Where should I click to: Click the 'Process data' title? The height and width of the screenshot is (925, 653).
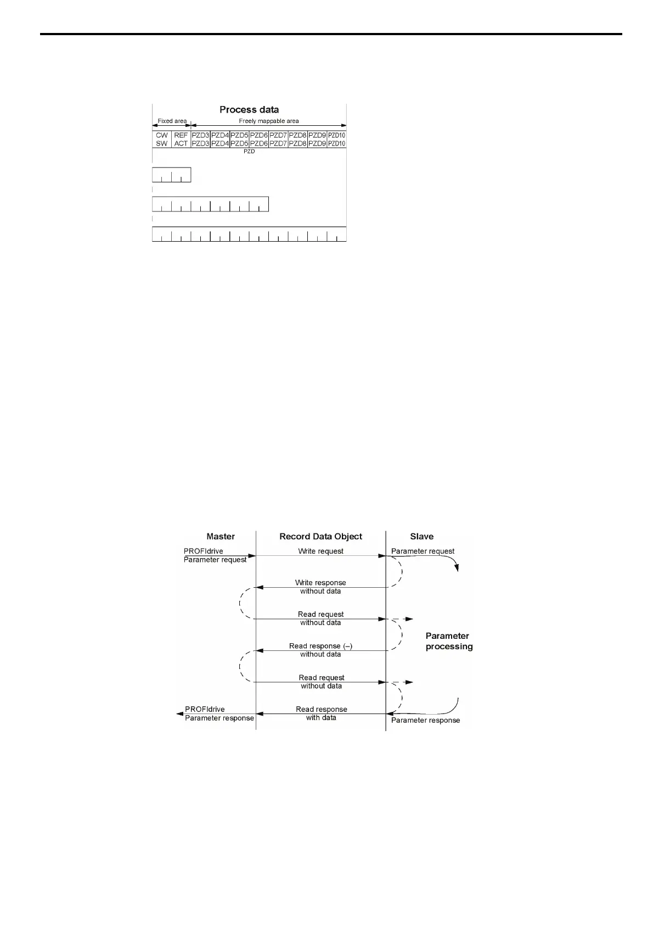[249, 110]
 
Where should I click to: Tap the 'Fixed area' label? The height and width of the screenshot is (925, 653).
[172, 121]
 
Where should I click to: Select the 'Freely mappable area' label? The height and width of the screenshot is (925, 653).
[268, 121]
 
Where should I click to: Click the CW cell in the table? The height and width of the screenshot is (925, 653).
[162, 135]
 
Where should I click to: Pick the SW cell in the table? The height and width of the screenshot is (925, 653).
[162, 143]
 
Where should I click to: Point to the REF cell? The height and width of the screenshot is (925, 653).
[181, 135]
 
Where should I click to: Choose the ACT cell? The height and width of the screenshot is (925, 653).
[181, 143]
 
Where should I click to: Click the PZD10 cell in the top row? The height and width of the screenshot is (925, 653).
[337, 135]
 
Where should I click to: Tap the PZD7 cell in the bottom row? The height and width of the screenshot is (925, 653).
[278, 143]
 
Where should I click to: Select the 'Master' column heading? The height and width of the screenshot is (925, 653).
[221, 537]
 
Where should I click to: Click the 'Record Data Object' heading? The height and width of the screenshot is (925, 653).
[321, 537]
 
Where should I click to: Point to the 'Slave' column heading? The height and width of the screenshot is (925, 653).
[421, 537]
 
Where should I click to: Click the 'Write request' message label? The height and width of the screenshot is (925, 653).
[321, 551]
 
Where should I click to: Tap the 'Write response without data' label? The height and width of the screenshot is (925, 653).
[320, 587]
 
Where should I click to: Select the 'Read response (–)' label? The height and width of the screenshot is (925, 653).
[320, 646]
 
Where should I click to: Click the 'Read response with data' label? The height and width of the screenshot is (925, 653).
[322, 713]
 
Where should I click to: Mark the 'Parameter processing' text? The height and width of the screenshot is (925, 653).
[449, 641]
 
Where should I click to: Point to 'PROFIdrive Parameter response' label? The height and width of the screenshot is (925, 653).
[219, 714]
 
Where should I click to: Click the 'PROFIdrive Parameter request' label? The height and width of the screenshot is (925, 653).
[215, 555]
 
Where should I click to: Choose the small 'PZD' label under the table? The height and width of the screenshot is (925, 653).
[249, 152]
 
